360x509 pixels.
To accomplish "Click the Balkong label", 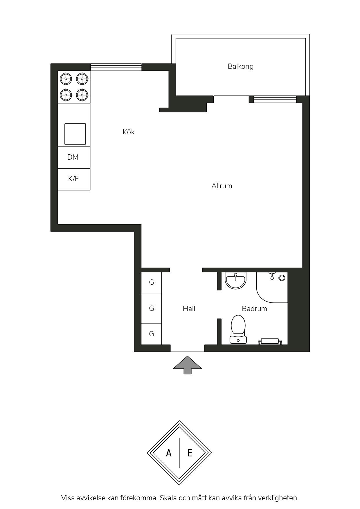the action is point(240,66).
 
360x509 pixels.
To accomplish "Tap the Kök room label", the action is point(128,132).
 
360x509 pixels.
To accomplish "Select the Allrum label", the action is point(222,186).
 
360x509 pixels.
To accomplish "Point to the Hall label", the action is point(189,308).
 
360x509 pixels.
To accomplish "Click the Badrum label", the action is point(254,308).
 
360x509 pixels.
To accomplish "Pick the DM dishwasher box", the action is point(74,158).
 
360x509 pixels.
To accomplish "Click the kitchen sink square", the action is point(75,134).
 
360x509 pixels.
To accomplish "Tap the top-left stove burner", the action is point(66,79).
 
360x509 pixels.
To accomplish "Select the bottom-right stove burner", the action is point(82,95).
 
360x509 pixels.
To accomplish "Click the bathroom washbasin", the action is point(235,281).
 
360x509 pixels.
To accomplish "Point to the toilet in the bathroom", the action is point(238,329).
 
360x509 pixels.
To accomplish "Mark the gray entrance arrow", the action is point(188,365).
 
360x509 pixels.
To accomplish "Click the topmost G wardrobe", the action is point(151,282).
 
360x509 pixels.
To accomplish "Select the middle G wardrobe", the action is point(151,308).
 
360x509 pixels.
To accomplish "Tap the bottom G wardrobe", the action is point(151,334).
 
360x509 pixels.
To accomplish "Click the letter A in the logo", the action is point(169,453).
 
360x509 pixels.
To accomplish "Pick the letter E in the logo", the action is point(190,453).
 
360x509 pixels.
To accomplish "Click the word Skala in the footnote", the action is point(168,498).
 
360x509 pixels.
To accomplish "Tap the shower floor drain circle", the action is point(282,278).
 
